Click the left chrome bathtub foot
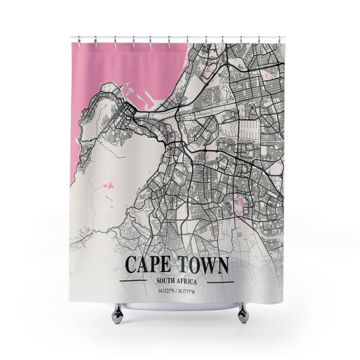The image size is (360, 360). click(118, 311)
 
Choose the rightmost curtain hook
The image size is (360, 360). click(282, 41)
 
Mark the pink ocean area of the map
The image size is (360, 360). click(108, 68)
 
